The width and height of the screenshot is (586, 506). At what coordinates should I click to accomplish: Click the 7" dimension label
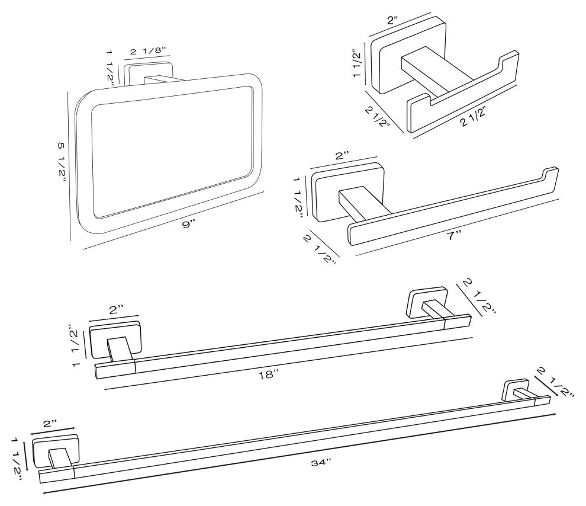pos(455,235)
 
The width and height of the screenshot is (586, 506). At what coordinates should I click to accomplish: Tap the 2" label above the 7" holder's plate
pos(342,156)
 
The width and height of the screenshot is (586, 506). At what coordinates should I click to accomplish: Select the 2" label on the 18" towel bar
pos(115,309)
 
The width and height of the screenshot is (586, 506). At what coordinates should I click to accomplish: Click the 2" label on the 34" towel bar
pos(50,424)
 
